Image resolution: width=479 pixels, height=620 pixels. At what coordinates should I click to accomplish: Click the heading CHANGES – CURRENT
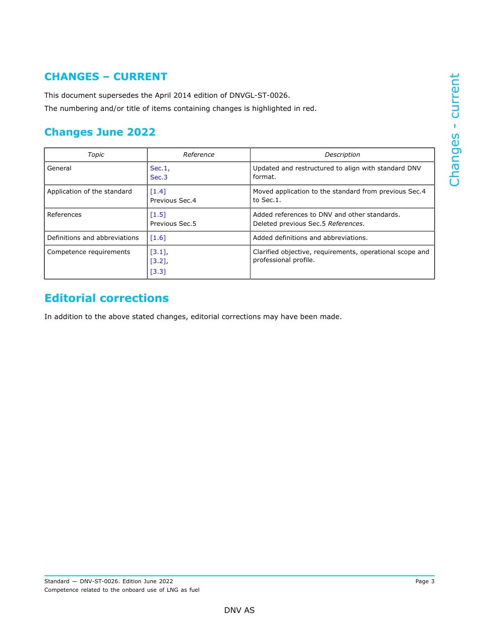coord(105,77)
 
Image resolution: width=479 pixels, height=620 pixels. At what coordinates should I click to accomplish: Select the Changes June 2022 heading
coord(100,132)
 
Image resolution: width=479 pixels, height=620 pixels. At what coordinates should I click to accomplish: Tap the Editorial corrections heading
coord(106,298)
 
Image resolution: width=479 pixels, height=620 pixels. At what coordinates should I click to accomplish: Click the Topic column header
coord(96,155)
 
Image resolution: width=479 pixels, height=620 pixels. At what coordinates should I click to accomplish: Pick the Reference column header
coord(199,155)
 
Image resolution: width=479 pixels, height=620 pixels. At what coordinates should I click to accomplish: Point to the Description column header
coord(342,155)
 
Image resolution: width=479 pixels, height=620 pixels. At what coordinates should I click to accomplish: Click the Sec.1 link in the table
coord(159,168)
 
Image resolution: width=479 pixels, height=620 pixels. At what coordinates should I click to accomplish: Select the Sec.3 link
coord(159,177)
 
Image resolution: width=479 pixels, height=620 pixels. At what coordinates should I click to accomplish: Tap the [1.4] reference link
coord(158,192)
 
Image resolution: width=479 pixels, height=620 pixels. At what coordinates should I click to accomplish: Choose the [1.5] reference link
coord(158,215)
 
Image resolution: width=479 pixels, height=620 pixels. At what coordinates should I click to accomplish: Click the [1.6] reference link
coord(158,238)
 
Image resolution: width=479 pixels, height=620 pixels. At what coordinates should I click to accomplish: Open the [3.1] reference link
coord(158,252)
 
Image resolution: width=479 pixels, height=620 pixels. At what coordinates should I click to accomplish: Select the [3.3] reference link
coord(158,272)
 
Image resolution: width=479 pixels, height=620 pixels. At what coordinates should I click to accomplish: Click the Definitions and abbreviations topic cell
coord(93,238)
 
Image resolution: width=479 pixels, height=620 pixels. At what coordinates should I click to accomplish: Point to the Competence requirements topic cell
coord(88,252)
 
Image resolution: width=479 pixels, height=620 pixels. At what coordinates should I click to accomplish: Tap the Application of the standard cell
coord(89,192)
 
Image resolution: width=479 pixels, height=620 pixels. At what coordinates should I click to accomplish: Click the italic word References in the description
coord(345,224)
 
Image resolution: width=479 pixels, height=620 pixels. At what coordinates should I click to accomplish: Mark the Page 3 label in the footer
coord(425,582)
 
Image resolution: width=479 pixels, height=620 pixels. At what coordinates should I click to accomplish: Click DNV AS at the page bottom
coord(239,610)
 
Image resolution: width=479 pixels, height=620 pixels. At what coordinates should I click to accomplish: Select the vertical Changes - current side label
coord(455,130)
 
